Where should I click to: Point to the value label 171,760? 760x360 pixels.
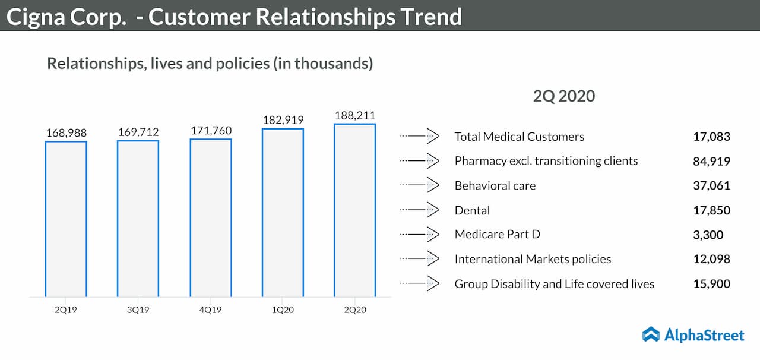click(211, 130)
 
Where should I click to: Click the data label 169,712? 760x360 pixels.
click(138, 131)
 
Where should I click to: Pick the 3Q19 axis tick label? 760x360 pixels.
click(138, 309)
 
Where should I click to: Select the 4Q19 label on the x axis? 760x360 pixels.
click(211, 309)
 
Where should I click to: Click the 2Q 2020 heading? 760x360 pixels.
click(563, 96)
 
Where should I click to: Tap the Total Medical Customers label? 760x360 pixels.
click(519, 137)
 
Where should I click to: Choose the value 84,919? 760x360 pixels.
click(711, 161)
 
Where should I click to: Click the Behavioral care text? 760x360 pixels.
click(495, 185)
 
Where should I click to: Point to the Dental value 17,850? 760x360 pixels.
click(711, 210)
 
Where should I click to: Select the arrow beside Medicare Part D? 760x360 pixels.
click(420, 235)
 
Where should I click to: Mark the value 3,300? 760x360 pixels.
click(708, 235)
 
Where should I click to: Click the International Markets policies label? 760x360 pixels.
click(533, 259)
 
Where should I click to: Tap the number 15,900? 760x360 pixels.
click(711, 284)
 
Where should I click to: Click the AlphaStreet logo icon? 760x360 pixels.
click(651, 334)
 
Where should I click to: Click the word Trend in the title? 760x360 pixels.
click(431, 17)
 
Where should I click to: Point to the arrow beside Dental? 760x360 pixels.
click(420, 210)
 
